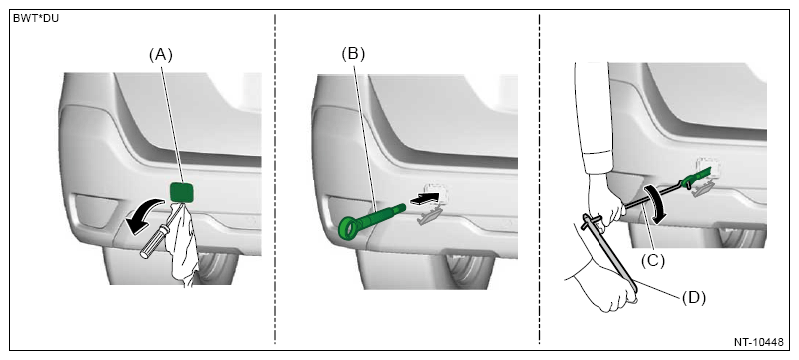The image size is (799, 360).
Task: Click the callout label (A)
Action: coord(161,55)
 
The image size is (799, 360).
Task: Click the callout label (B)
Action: coord(353,55)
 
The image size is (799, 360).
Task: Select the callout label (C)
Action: coord(653,260)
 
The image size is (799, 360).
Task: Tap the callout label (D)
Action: coord(694,298)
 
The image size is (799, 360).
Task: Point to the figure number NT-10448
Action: coord(759,342)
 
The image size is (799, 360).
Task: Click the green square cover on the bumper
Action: coord(182,193)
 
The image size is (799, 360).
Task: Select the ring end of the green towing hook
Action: coord(349,227)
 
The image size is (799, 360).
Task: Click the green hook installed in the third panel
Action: coord(698,177)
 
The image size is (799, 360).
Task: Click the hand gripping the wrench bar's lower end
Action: coord(601,285)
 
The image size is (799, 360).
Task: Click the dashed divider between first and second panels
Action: coord(275,179)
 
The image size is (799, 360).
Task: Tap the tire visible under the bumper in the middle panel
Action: coord(469,267)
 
